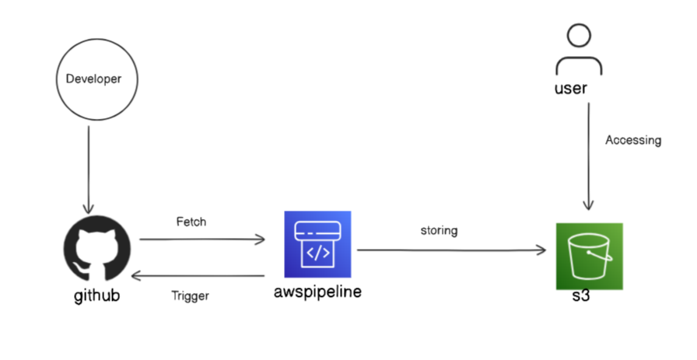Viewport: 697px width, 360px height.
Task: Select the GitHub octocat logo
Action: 97,250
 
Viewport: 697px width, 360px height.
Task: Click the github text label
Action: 96,296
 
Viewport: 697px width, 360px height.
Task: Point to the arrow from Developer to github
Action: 89,167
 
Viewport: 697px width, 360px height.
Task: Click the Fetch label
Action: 191,222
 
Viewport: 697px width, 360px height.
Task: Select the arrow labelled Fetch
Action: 202,240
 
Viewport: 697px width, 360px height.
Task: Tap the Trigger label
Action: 190,295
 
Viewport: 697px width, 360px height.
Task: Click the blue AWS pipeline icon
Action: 317,244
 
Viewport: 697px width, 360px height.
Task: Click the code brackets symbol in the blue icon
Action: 317,253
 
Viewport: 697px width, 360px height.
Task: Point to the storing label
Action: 440,230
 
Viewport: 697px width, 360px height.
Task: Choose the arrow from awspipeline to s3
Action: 451,250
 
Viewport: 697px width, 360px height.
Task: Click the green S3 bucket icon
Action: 589,256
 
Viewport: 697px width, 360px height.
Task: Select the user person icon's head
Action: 579,36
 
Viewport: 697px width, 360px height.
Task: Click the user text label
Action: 570,88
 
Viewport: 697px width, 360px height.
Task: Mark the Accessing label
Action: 633,140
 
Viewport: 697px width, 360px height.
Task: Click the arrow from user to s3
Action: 589,156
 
